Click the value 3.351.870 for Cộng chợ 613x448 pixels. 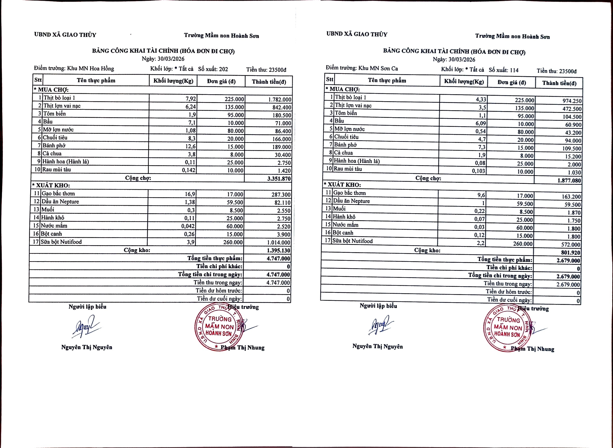[279, 179]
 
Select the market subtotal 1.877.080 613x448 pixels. [569, 181]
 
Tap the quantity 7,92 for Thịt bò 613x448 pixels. [191, 99]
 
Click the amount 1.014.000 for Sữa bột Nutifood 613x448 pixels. [279, 242]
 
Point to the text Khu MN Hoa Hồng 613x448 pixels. [91, 68]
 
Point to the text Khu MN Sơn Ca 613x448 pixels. [378, 68]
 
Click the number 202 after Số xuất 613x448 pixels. [223, 69]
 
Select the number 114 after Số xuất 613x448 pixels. [514, 70]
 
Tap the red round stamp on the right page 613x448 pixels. [507, 328]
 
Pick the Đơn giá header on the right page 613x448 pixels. [512, 82]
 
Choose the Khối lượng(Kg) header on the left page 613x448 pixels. [173, 81]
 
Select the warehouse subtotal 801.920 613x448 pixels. [570, 252]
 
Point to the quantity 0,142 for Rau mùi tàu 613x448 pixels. [189, 170]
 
